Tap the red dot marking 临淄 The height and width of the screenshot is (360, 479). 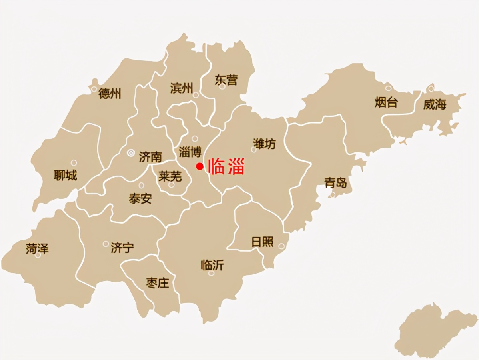[x=200, y=167]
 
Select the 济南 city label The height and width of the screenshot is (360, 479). [x=151, y=157]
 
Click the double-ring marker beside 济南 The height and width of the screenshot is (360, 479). [x=131, y=152]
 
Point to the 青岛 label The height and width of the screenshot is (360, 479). [x=335, y=183]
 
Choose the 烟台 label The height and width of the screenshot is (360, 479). [x=386, y=102]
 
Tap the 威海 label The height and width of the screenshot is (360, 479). [x=435, y=105]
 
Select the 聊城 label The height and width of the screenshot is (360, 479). [x=66, y=175]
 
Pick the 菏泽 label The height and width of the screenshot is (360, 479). [x=37, y=248]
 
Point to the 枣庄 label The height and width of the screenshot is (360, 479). [x=157, y=283]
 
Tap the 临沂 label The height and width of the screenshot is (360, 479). [x=212, y=265]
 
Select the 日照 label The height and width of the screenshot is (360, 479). [x=262, y=242]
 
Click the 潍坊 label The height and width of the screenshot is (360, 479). [x=265, y=144]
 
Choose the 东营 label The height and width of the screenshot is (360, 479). [x=226, y=80]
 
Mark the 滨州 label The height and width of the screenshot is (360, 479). [x=182, y=88]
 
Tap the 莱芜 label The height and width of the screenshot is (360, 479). [x=170, y=176]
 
